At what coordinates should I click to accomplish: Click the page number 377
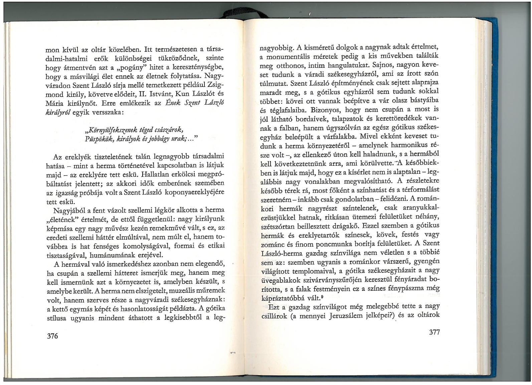(433, 332)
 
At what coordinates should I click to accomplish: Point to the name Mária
(55, 103)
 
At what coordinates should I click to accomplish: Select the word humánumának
(113, 255)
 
